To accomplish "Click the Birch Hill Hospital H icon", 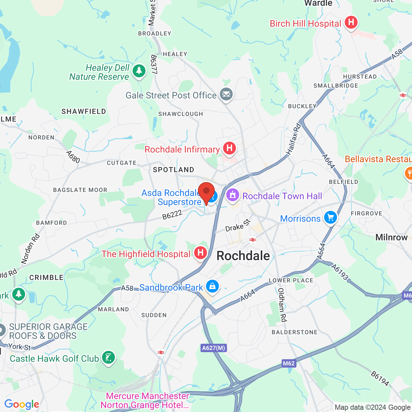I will pyautogui.click(x=351, y=22).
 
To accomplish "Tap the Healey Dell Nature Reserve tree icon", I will pyautogui.click(x=139, y=71).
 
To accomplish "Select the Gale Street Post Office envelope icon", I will pyautogui.click(x=226, y=95).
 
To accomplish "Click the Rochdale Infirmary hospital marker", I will pyautogui.click(x=229, y=148).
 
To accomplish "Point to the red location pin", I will pyautogui.click(x=206, y=192).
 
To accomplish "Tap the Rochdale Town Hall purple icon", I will pyautogui.click(x=233, y=195).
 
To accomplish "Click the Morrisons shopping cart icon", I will pyautogui.click(x=330, y=218).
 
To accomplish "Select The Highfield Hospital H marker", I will pyautogui.click(x=200, y=253).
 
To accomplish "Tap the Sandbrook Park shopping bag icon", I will pyautogui.click(x=212, y=286).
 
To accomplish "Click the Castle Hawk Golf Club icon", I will pyautogui.click(x=108, y=357).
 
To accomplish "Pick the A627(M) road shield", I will pyautogui.click(x=214, y=348).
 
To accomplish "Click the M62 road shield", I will pyautogui.click(x=288, y=363).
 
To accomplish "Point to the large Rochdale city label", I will pyautogui.click(x=243, y=256).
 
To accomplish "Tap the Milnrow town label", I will pyautogui.click(x=391, y=238).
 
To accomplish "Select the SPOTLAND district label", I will pyautogui.click(x=173, y=170).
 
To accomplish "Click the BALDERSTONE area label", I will pyautogui.click(x=295, y=332).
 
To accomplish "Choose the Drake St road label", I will pyautogui.click(x=238, y=226).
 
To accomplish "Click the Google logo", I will pyautogui.click(x=22, y=404).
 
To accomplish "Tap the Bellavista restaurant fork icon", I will pyautogui.click(x=409, y=173).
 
